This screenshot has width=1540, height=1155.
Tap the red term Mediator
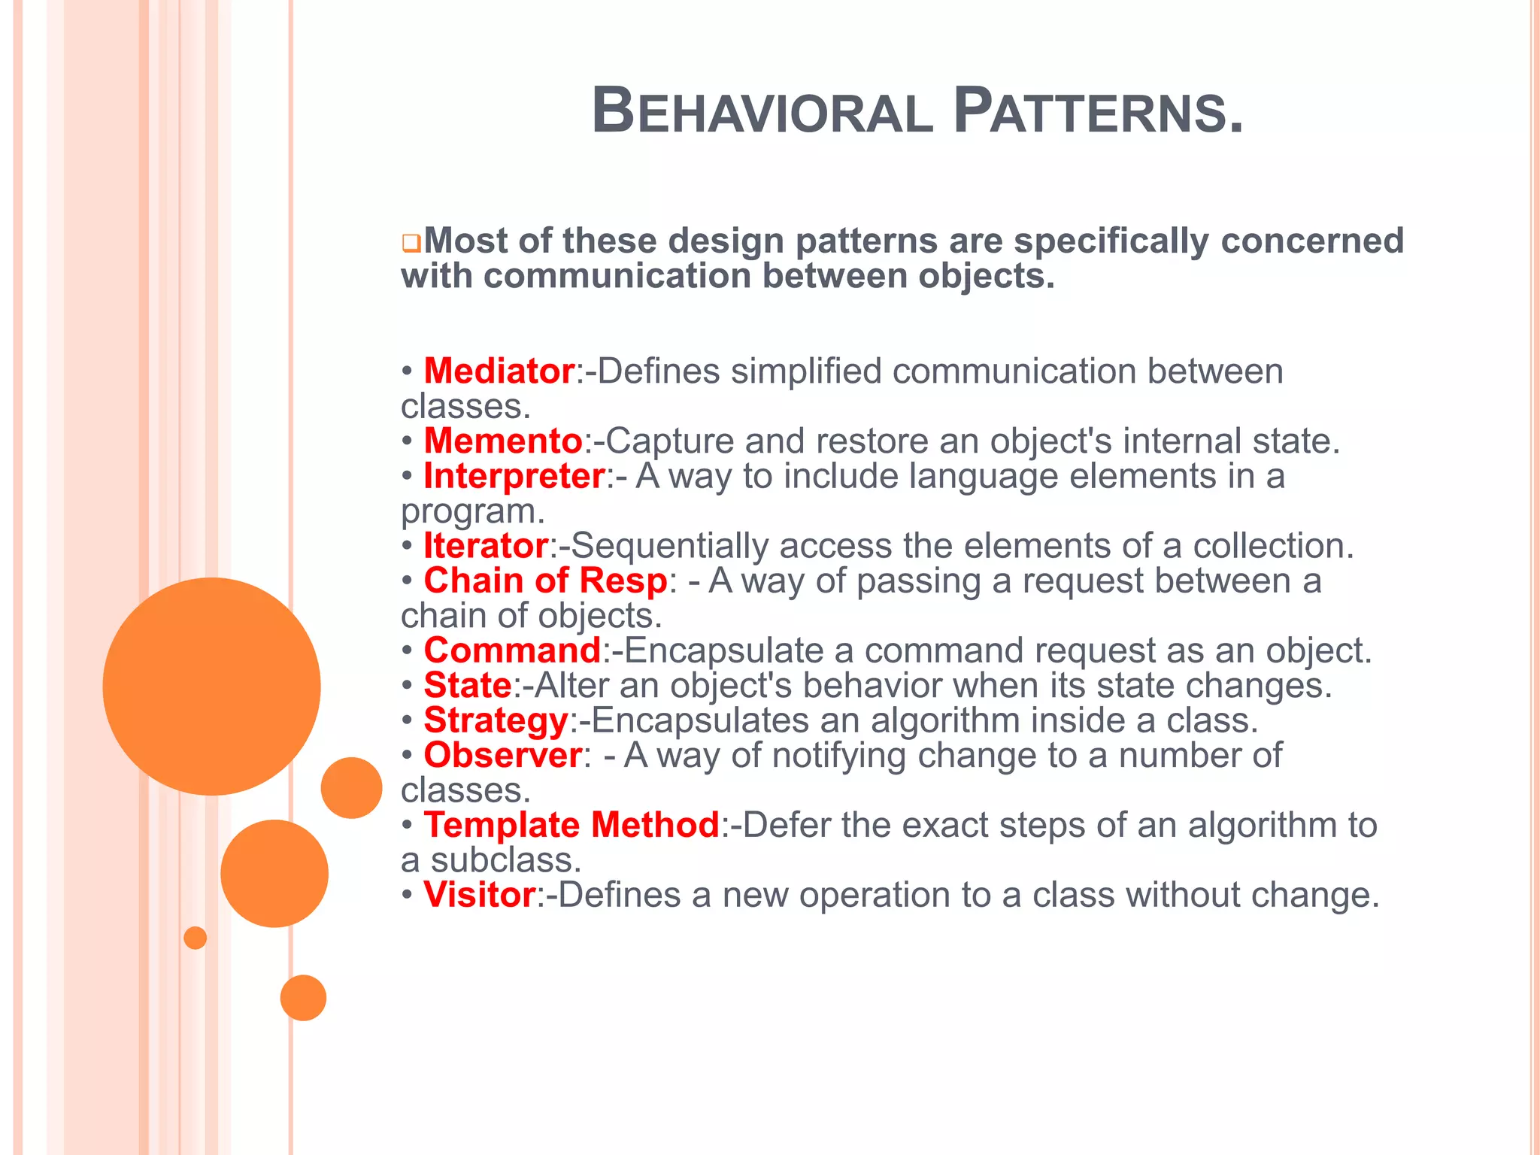click(499, 371)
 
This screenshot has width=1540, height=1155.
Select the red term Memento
click(502, 441)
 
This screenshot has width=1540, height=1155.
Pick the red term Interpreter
click(514, 476)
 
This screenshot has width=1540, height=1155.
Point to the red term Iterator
click(485, 546)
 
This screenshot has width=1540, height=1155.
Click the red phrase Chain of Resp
click(545, 581)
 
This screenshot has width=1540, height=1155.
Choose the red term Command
click(512, 650)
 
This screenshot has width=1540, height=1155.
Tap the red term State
click(467, 686)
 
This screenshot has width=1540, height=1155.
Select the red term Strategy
click(496, 720)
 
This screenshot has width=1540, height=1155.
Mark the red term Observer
click(502, 756)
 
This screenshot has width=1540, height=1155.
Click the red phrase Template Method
click(571, 826)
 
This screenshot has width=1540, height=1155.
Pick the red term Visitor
click(479, 895)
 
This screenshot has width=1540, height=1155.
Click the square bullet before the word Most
click(411, 244)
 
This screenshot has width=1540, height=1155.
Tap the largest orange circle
click(211, 687)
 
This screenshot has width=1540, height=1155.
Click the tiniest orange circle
click(196, 938)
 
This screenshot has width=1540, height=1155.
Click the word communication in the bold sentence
click(617, 276)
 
